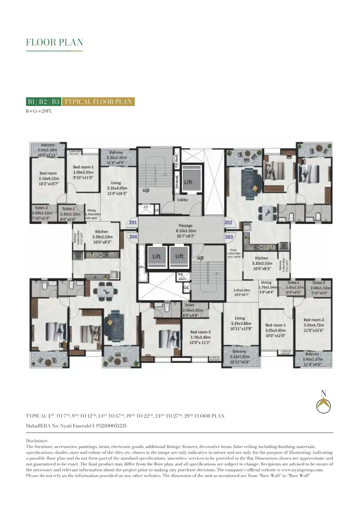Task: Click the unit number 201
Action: pos(132,222)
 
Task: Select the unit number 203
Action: pos(229,237)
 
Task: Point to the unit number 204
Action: pos(132,237)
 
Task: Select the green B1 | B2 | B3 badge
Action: pos(44,102)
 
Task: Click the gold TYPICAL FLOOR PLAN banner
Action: pos(98,102)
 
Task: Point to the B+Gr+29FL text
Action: pos(39,111)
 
